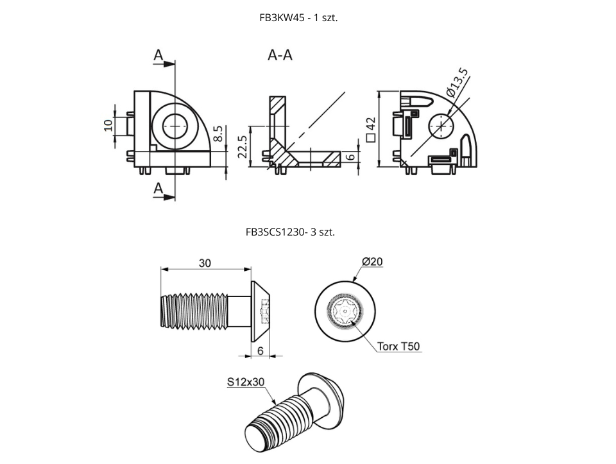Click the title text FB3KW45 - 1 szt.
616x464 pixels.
(298, 18)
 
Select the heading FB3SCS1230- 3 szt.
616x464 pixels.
(290, 232)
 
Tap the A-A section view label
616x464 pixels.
(280, 56)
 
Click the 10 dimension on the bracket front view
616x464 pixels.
(108, 125)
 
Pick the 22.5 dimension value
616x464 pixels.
(243, 148)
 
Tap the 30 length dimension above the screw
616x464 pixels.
(205, 263)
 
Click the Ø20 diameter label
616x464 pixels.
(372, 262)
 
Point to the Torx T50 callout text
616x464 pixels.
(398, 347)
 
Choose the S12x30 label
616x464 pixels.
(246, 382)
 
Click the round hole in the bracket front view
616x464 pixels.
(174, 126)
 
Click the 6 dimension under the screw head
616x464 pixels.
(260, 350)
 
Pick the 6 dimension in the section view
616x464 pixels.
(350, 157)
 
